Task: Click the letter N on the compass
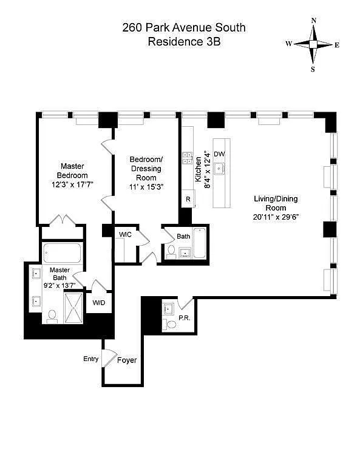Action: (x=314, y=21)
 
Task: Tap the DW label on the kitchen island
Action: (x=219, y=154)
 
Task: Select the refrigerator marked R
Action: (x=188, y=199)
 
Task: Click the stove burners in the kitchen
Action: (x=187, y=158)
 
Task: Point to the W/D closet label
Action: (x=99, y=303)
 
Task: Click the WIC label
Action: (x=125, y=234)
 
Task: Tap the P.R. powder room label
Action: (x=185, y=318)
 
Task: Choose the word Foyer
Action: (x=127, y=360)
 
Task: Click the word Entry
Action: (x=90, y=359)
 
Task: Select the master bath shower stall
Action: (x=73, y=308)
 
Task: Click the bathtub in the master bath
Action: (x=62, y=253)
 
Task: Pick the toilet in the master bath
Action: (x=52, y=317)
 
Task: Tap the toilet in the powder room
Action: (x=170, y=323)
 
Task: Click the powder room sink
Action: (x=168, y=309)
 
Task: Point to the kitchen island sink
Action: (x=219, y=169)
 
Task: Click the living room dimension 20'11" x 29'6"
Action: (x=276, y=217)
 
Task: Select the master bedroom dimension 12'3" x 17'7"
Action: (x=72, y=184)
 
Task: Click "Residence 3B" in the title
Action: (x=185, y=41)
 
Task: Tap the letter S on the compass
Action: (x=313, y=70)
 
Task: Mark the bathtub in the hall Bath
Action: (x=200, y=243)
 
